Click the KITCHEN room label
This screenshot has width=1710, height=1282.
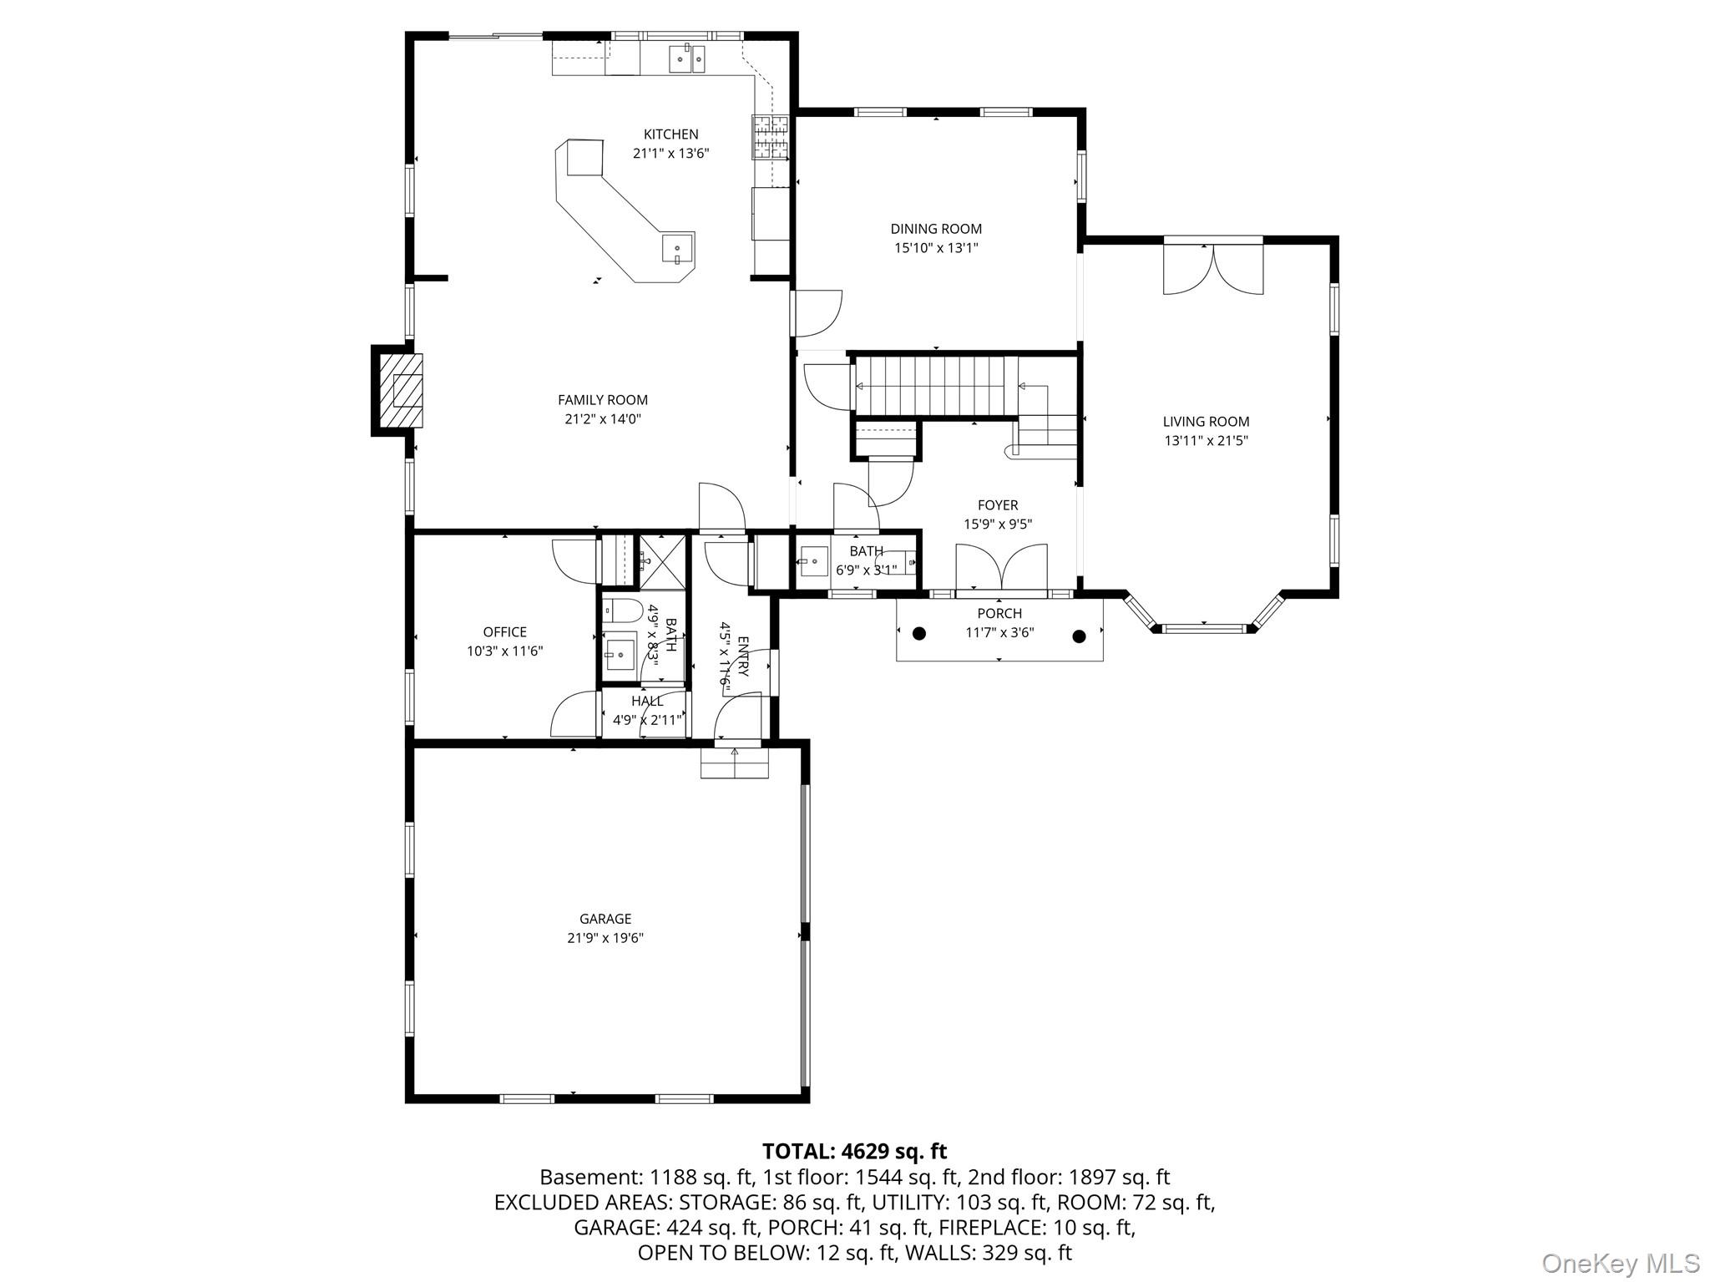(x=670, y=134)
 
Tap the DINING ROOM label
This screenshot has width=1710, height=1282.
(x=936, y=228)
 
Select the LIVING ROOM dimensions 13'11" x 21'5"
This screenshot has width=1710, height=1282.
(x=1207, y=441)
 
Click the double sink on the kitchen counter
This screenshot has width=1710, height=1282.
(x=687, y=58)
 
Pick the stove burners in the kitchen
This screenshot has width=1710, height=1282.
(x=772, y=136)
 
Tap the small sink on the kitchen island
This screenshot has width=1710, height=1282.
(x=677, y=248)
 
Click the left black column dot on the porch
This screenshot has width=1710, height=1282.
(x=919, y=633)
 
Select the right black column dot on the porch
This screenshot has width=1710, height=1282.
(x=1079, y=636)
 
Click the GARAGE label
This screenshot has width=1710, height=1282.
(x=605, y=919)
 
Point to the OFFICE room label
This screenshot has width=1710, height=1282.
(x=505, y=632)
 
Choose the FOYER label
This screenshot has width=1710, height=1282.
(x=998, y=505)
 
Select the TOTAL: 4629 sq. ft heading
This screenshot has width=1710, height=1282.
(x=855, y=1152)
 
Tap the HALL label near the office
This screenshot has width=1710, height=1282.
(x=648, y=701)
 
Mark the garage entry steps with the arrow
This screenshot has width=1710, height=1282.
(x=734, y=762)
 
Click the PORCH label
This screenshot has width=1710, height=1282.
(x=999, y=613)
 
